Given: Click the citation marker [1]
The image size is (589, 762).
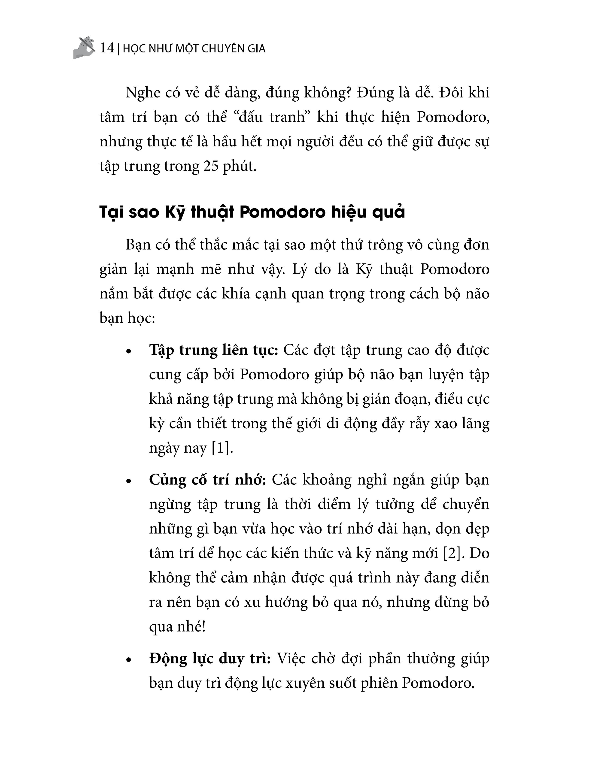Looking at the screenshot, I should [x=222, y=448].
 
